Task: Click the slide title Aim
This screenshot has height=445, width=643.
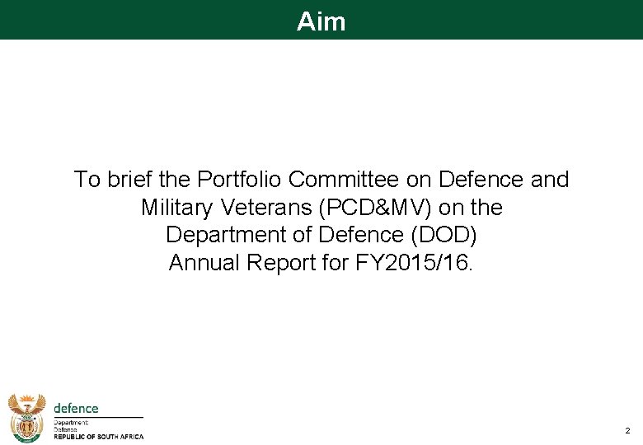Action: click(x=321, y=21)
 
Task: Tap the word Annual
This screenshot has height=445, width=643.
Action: click(x=199, y=263)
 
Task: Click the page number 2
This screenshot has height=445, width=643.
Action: click(x=627, y=431)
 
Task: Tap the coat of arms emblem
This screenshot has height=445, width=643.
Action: click(x=27, y=418)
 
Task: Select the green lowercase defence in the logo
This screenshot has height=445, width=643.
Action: click(x=76, y=409)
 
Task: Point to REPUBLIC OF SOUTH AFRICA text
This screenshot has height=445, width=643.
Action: click(x=98, y=438)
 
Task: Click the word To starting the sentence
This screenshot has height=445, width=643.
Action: click(x=86, y=180)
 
